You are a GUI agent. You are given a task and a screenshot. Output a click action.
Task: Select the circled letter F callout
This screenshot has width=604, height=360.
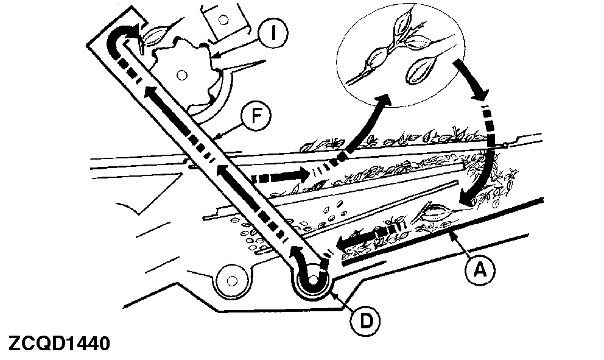251,116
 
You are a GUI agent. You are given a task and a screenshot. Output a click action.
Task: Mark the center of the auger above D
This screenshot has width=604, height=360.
313,281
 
